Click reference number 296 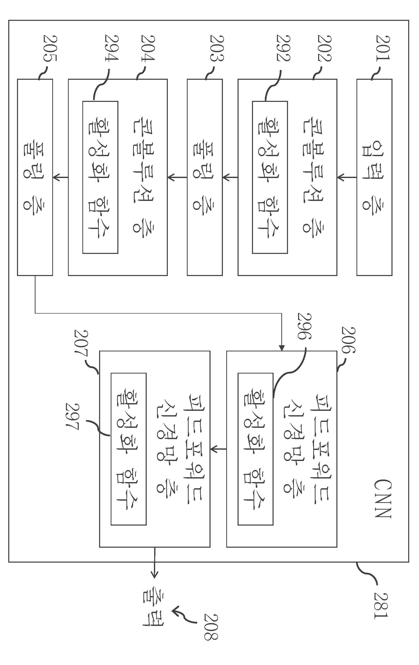click(x=304, y=326)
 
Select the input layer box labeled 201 click(x=374, y=177)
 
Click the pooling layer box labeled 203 click(x=205, y=177)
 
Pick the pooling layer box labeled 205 click(x=35, y=177)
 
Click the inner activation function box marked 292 click(x=270, y=177)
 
